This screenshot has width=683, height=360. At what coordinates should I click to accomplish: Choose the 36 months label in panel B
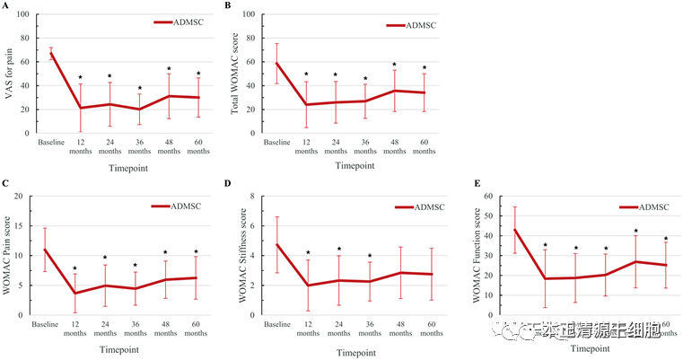pyautogui.click(x=364, y=146)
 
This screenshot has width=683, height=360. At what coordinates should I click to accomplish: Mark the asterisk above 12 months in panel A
pyautogui.click(x=80, y=78)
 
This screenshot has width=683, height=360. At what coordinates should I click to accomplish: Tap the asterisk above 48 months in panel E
pyautogui.click(x=635, y=232)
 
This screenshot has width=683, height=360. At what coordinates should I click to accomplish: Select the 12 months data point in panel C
pyautogui.click(x=74, y=293)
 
